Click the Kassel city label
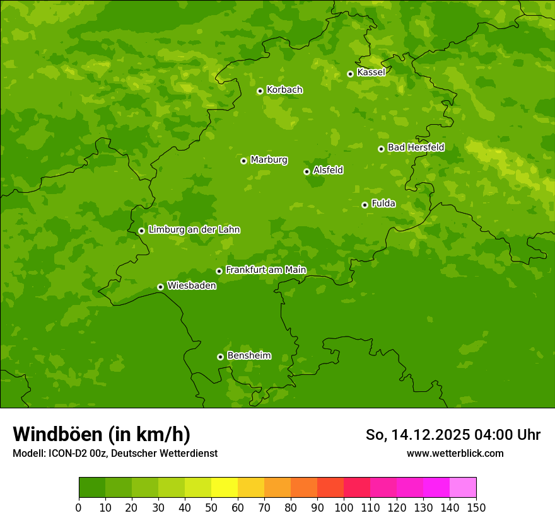pyautogui.click(x=371, y=72)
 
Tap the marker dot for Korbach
pyautogui.click(x=260, y=91)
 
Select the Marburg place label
pyautogui.click(x=269, y=160)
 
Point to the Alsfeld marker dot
pyautogui.click(x=307, y=171)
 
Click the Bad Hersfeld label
pyautogui.click(x=416, y=147)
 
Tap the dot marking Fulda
pyautogui.click(x=365, y=205)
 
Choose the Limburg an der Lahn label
pyautogui.click(x=194, y=230)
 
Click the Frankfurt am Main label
pyautogui.click(x=266, y=270)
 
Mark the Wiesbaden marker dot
pyautogui.click(x=160, y=287)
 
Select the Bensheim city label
pyautogui.click(x=248, y=355)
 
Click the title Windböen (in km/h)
pyautogui.click(x=102, y=434)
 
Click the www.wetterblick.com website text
pyautogui.click(x=455, y=453)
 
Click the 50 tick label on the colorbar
pyautogui.click(x=211, y=507)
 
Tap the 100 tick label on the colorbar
pyautogui.click(x=344, y=507)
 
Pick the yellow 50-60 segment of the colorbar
pyautogui.click(x=225, y=488)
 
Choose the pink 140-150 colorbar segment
pyautogui.click(x=463, y=488)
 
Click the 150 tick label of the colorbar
pyautogui.click(x=476, y=507)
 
